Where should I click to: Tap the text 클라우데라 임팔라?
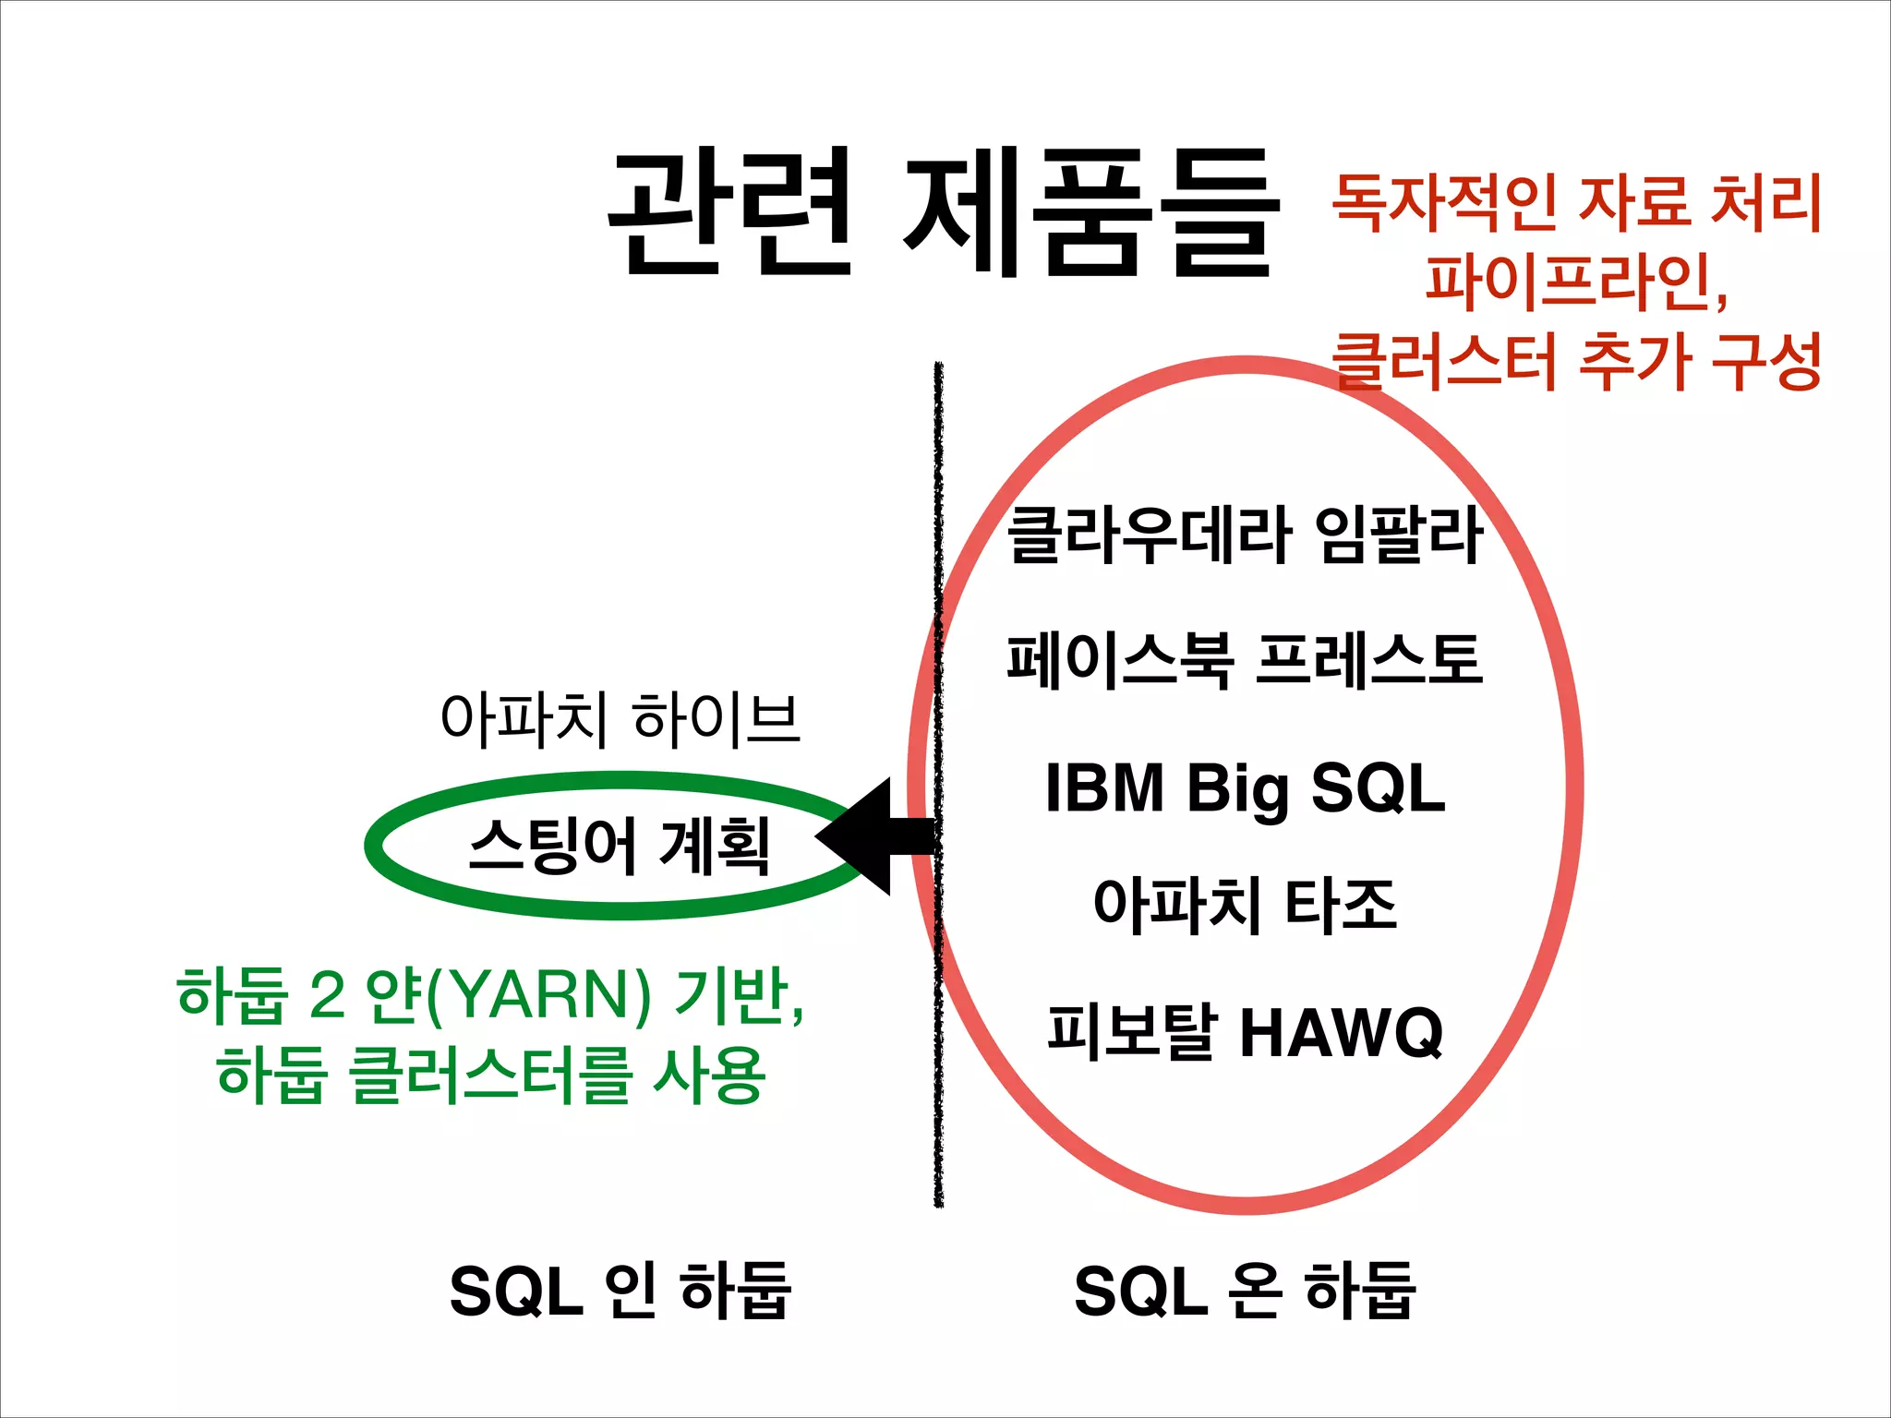tap(1245, 535)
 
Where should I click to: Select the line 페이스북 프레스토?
tap(1245, 661)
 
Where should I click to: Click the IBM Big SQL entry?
tap(1245, 789)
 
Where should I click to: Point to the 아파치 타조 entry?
tap(1245, 905)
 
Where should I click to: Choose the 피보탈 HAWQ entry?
tap(1245, 1032)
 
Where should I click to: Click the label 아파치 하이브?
tap(620, 719)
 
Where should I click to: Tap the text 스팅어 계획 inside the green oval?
tap(620, 846)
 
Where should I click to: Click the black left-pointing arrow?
tap(873, 836)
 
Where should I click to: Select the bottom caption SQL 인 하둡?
tap(620, 1291)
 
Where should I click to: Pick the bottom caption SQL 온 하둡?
tap(1245, 1291)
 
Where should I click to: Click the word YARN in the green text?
tap(540, 995)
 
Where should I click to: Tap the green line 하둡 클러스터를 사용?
tap(490, 1076)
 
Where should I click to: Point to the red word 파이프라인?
tap(1570, 282)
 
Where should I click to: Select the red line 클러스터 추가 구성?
tap(1576, 362)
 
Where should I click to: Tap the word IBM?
tap(1104, 789)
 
